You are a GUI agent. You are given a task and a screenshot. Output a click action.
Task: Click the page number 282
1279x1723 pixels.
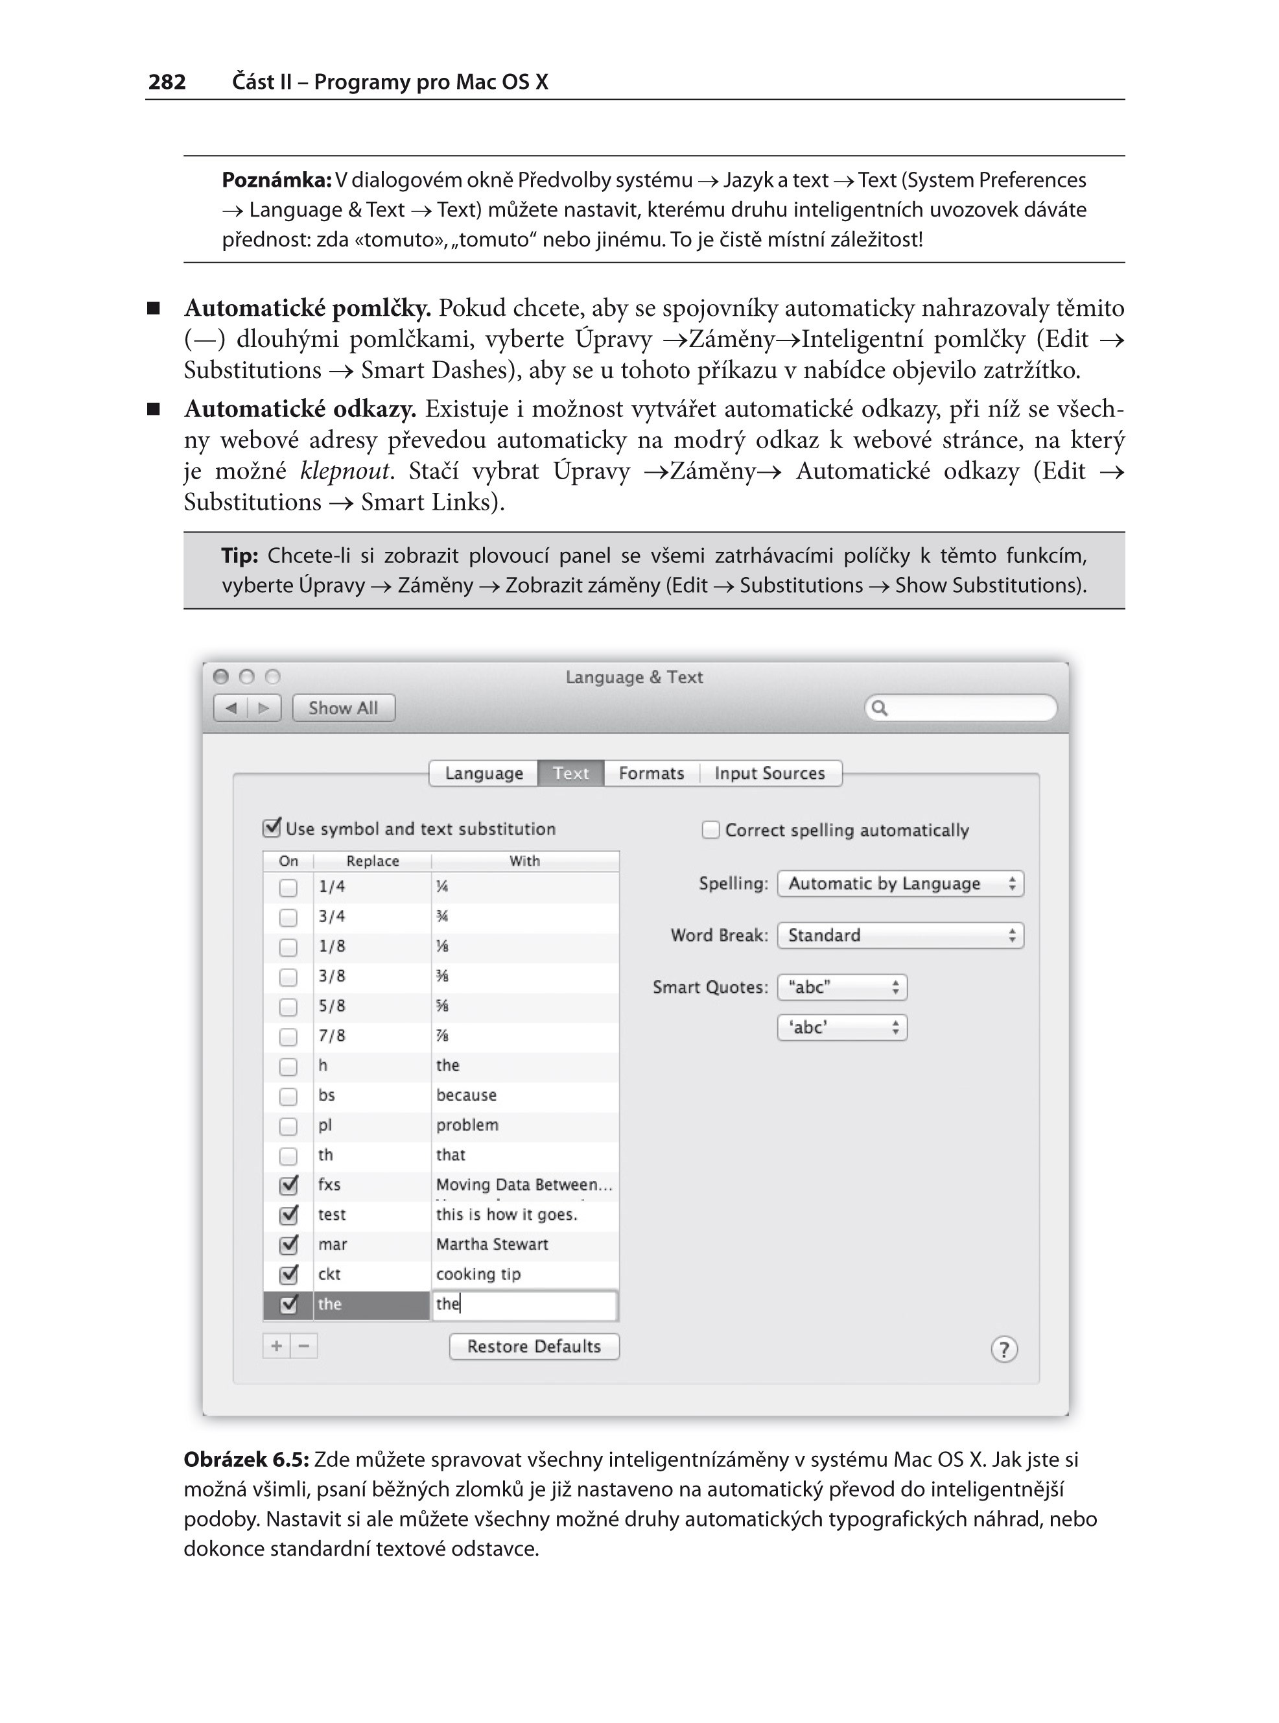(x=167, y=82)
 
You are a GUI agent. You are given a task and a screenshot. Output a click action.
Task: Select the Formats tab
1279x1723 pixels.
(x=651, y=773)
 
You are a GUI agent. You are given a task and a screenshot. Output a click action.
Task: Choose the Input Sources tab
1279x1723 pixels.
(x=769, y=773)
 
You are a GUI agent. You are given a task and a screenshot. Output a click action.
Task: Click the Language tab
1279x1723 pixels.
(x=484, y=773)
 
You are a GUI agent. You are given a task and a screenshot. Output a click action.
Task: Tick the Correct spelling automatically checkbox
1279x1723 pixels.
(x=710, y=830)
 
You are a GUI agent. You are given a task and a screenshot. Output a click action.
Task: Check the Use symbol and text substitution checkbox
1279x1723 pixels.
(x=272, y=828)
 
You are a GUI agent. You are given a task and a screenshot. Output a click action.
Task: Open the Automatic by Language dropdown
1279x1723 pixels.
(x=900, y=884)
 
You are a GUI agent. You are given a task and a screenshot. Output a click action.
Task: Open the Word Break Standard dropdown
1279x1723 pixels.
(x=900, y=936)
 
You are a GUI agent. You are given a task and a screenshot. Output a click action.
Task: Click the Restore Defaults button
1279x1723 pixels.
(x=534, y=1346)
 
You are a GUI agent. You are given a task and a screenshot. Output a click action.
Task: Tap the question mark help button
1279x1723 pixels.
(x=1004, y=1349)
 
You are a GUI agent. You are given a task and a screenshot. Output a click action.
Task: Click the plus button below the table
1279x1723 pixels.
(x=276, y=1346)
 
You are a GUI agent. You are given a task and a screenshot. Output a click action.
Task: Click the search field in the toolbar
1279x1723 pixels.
(x=961, y=707)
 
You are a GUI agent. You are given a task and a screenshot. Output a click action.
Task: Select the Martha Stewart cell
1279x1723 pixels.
(x=493, y=1244)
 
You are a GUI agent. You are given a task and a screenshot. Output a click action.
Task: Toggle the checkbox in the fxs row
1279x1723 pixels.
(x=288, y=1185)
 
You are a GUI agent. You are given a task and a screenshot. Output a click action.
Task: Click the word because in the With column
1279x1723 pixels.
(x=466, y=1095)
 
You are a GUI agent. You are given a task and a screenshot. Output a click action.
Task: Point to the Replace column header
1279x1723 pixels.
(x=372, y=861)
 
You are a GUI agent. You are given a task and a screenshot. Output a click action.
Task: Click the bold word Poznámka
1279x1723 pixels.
(x=276, y=180)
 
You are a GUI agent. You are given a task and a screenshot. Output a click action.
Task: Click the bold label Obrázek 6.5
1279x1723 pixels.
(x=246, y=1460)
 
